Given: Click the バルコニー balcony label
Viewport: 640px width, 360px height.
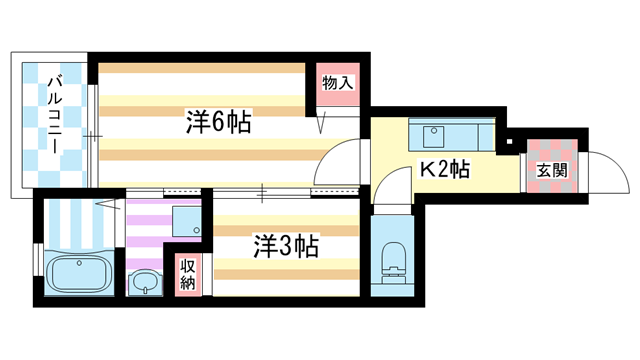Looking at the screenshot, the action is tap(54, 123).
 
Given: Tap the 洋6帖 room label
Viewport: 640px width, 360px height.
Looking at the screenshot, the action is tap(217, 123).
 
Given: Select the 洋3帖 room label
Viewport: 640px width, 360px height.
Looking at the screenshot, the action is tap(284, 246).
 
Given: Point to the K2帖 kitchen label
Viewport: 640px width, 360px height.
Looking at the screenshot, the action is tap(444, 169).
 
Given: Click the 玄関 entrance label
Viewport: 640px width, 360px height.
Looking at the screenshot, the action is tap(551, 169).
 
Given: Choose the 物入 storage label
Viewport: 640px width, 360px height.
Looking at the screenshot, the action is tap(338, 83).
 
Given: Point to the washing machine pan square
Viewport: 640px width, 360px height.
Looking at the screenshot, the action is tap(186, 221).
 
